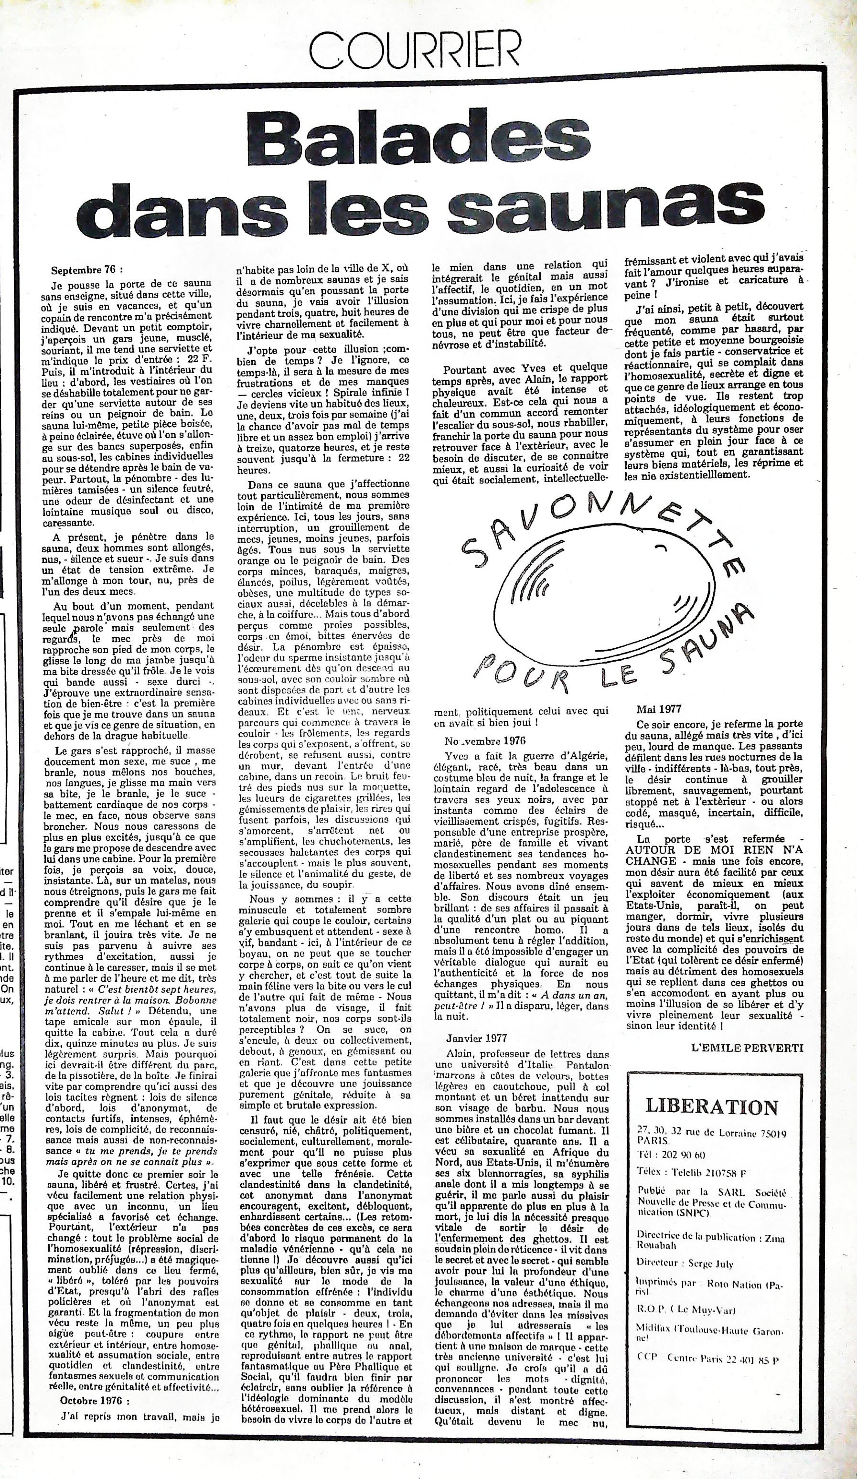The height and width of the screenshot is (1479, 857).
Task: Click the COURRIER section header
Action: (415, 51)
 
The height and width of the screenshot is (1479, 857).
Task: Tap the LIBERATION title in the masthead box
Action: (711, 1106)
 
